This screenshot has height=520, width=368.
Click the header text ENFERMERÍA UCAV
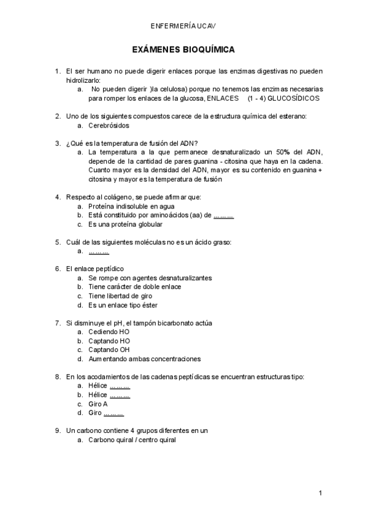coord(183,26)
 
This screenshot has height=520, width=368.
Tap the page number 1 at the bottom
coord(320,493)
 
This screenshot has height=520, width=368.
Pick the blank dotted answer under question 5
coord(99,251)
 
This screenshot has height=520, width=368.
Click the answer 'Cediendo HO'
coord(109,332)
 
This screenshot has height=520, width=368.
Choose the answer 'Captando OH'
coord(109,350)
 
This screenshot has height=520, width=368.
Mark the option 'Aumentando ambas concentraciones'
coord(144,359)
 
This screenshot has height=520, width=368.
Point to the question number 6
coord(58,269)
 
